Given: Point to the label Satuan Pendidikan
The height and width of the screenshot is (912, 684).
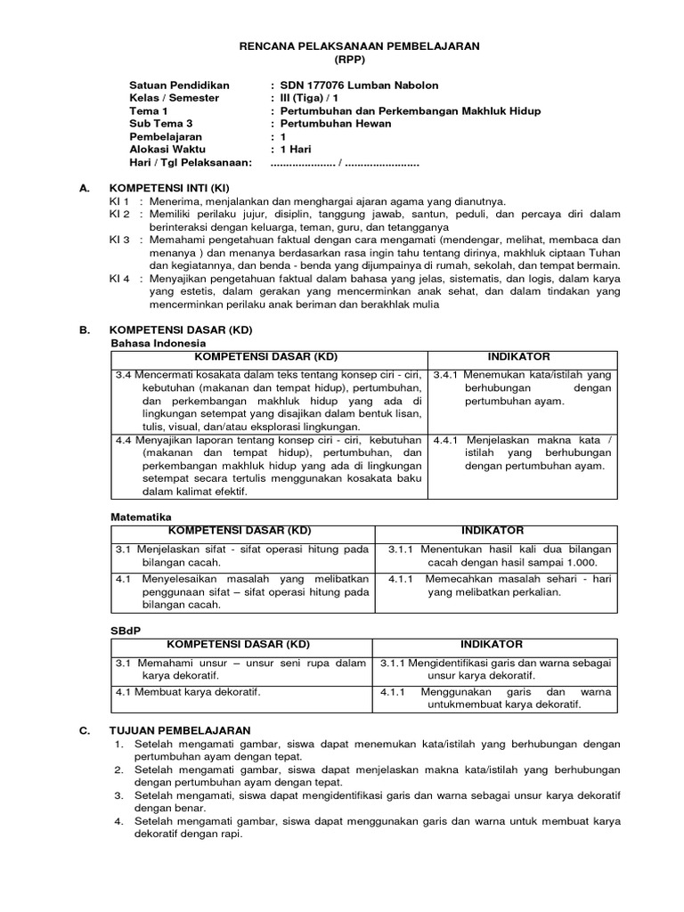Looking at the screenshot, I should pos(179,85).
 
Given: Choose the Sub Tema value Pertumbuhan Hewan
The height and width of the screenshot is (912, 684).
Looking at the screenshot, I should pos(336,124).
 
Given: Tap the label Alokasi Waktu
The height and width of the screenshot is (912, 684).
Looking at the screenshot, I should pos(168,150).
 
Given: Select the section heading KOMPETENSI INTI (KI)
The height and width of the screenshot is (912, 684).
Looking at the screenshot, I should pos(169,189).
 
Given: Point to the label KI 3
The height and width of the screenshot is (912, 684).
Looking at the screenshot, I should pos(119,240).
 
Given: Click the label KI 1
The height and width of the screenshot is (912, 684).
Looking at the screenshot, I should pos(119,202).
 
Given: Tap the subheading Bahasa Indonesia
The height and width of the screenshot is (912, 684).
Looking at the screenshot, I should pos(158,343).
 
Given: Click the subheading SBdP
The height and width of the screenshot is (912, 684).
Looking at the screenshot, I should pos(124,631).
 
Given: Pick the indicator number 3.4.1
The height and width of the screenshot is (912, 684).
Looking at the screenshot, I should pos(448,375).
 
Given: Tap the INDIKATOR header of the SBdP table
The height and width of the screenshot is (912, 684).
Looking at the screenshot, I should pos(492,644).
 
